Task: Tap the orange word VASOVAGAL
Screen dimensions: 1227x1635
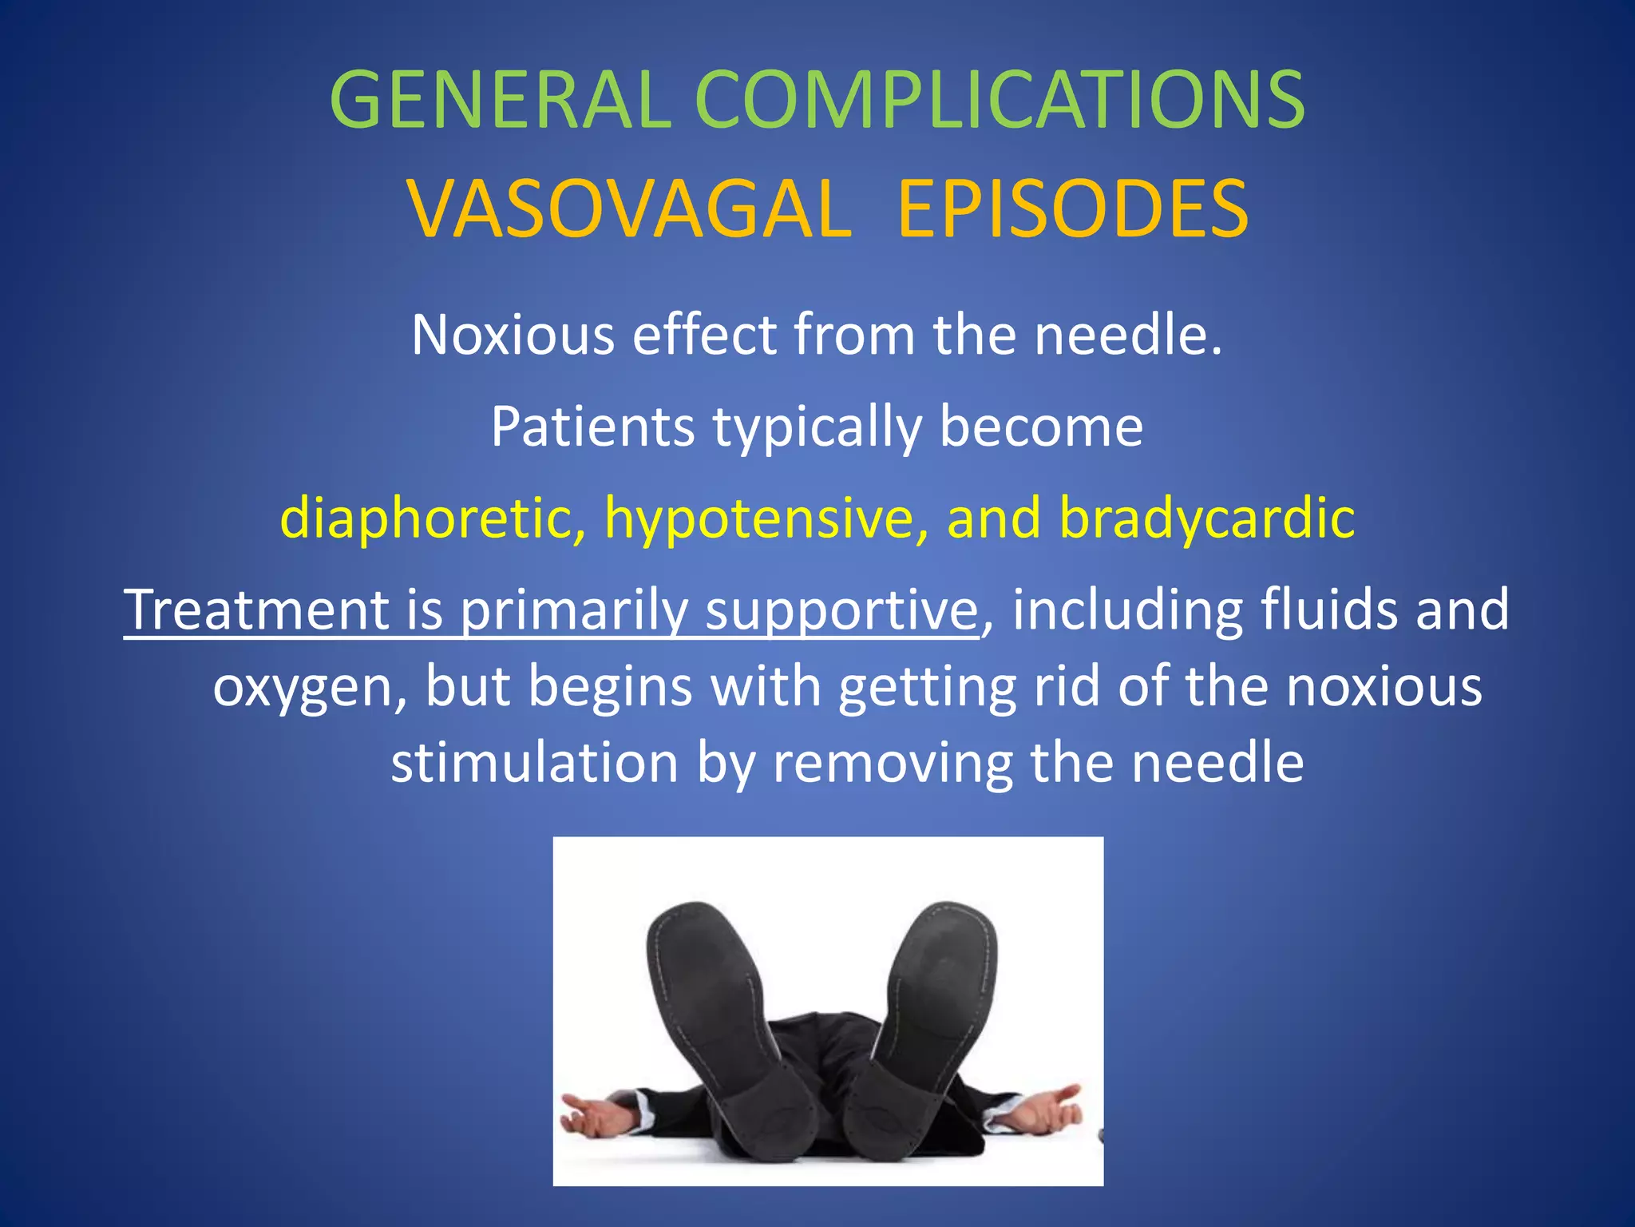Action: click(630, 209)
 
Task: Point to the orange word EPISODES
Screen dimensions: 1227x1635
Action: click(1072, 209)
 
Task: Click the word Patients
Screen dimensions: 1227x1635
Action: click(592, 427)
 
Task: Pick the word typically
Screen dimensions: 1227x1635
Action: click(817, 428)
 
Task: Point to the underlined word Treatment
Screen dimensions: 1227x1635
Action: click(255, 610)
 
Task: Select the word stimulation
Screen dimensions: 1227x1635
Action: click(534, 763)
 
